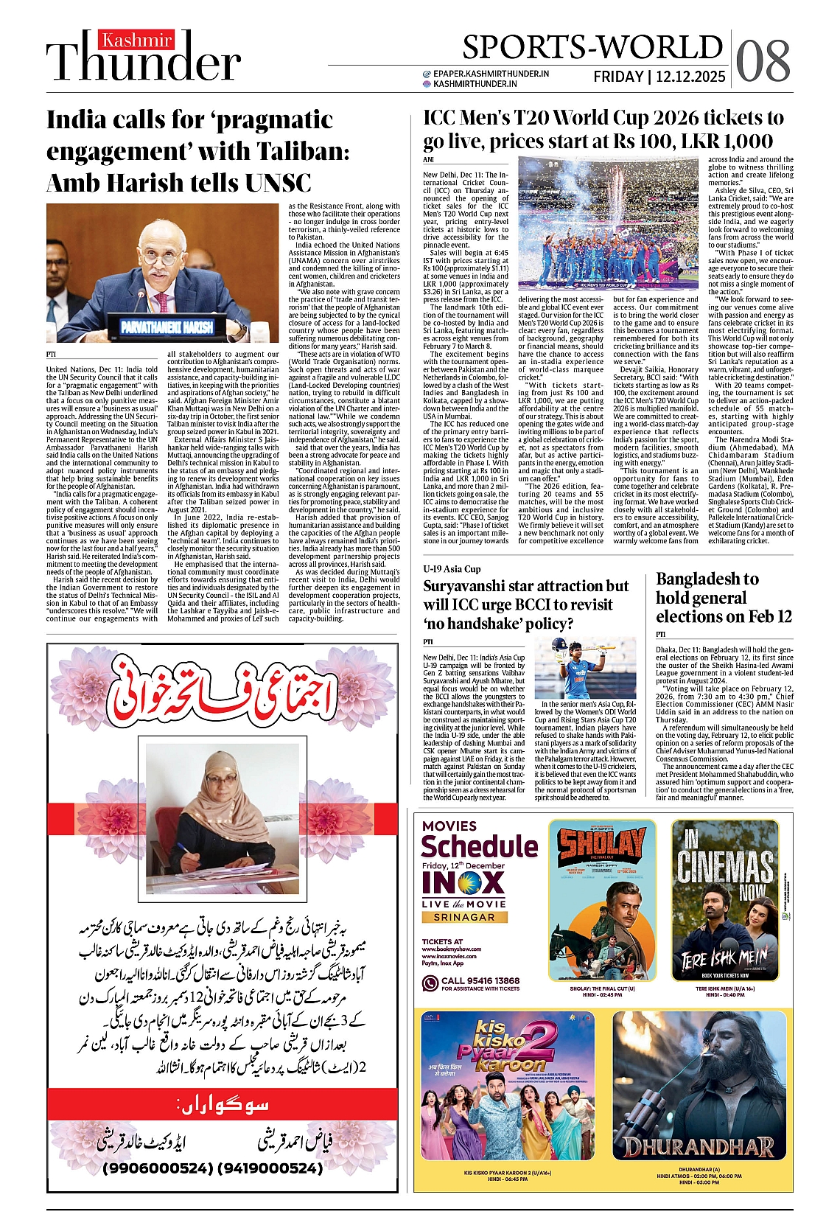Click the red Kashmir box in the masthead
(x=137, y=40)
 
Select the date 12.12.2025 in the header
(x=691, y=77)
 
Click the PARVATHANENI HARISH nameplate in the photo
(x=167, y=326)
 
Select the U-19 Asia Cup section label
(x=452, y=569)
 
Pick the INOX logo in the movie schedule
(x=463, y=883)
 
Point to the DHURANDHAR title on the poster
(x=698, y=1147)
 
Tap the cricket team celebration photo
(x=608, y=223)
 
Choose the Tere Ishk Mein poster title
(x=724, y=959)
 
